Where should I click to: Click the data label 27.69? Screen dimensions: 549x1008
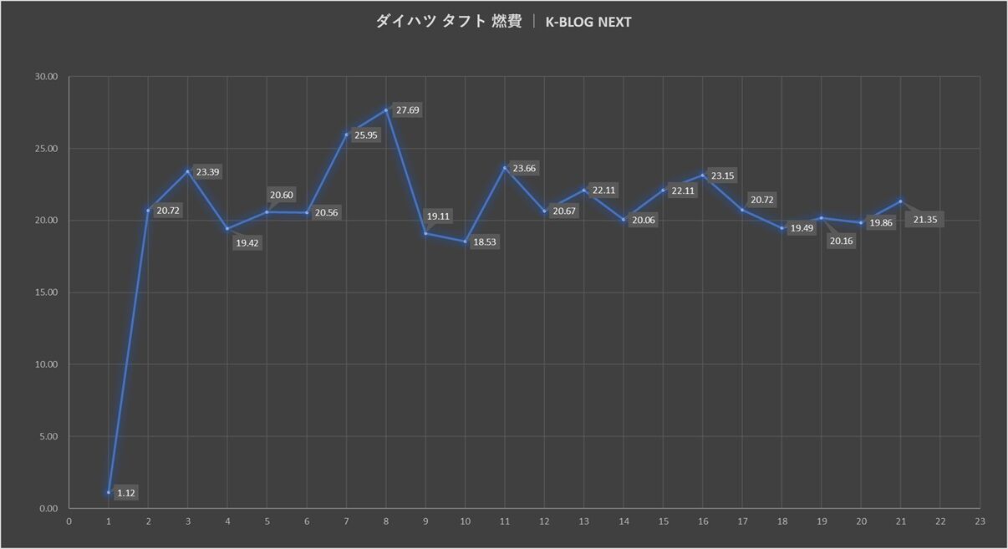coord(407,110)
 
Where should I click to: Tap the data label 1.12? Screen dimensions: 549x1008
coord(126,493)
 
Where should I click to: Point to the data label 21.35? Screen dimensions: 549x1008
coord(925,220)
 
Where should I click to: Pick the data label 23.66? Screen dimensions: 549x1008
coord(525,169)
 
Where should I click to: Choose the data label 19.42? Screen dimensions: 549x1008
coord(247,244)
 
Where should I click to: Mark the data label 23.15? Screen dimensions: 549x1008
coord(722,176)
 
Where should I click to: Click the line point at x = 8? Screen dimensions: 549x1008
coord(386,109)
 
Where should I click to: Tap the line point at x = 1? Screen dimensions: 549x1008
coord(109,492)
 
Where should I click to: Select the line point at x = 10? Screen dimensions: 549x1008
coord(466,241)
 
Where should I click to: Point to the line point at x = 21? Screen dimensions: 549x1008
coord(900,201)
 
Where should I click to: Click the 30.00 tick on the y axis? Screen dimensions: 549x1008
coord(46,77)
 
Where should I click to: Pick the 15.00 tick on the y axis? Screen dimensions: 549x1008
coord(46,292)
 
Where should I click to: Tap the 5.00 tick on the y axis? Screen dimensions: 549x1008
coord(48,436)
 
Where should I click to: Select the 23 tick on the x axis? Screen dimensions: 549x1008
coord(980,521)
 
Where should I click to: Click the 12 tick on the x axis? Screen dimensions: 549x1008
coord(544,521)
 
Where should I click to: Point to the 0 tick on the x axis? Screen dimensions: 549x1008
coord(69,521)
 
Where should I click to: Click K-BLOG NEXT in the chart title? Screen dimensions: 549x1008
coord(588,22)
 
